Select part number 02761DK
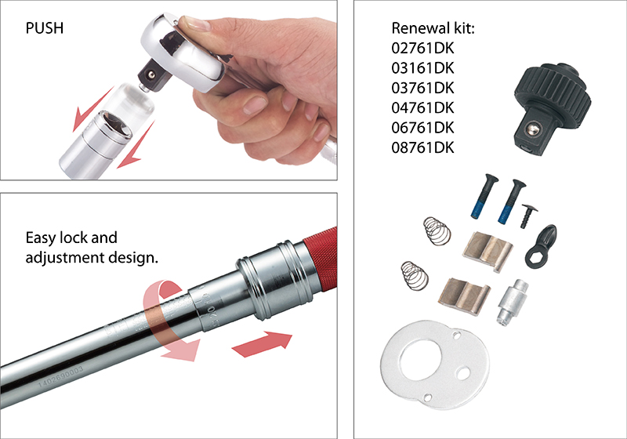tap(422, 48)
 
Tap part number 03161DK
tap(422, 67)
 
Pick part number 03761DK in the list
tap(422, 87)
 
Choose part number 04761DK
tap(422, 107)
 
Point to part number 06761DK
tap(422, 126)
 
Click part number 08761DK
tap(422, 146)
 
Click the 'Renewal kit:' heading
tap(433, 29)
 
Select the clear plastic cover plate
tap(428, 361)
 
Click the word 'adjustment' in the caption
tap(74, 256)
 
